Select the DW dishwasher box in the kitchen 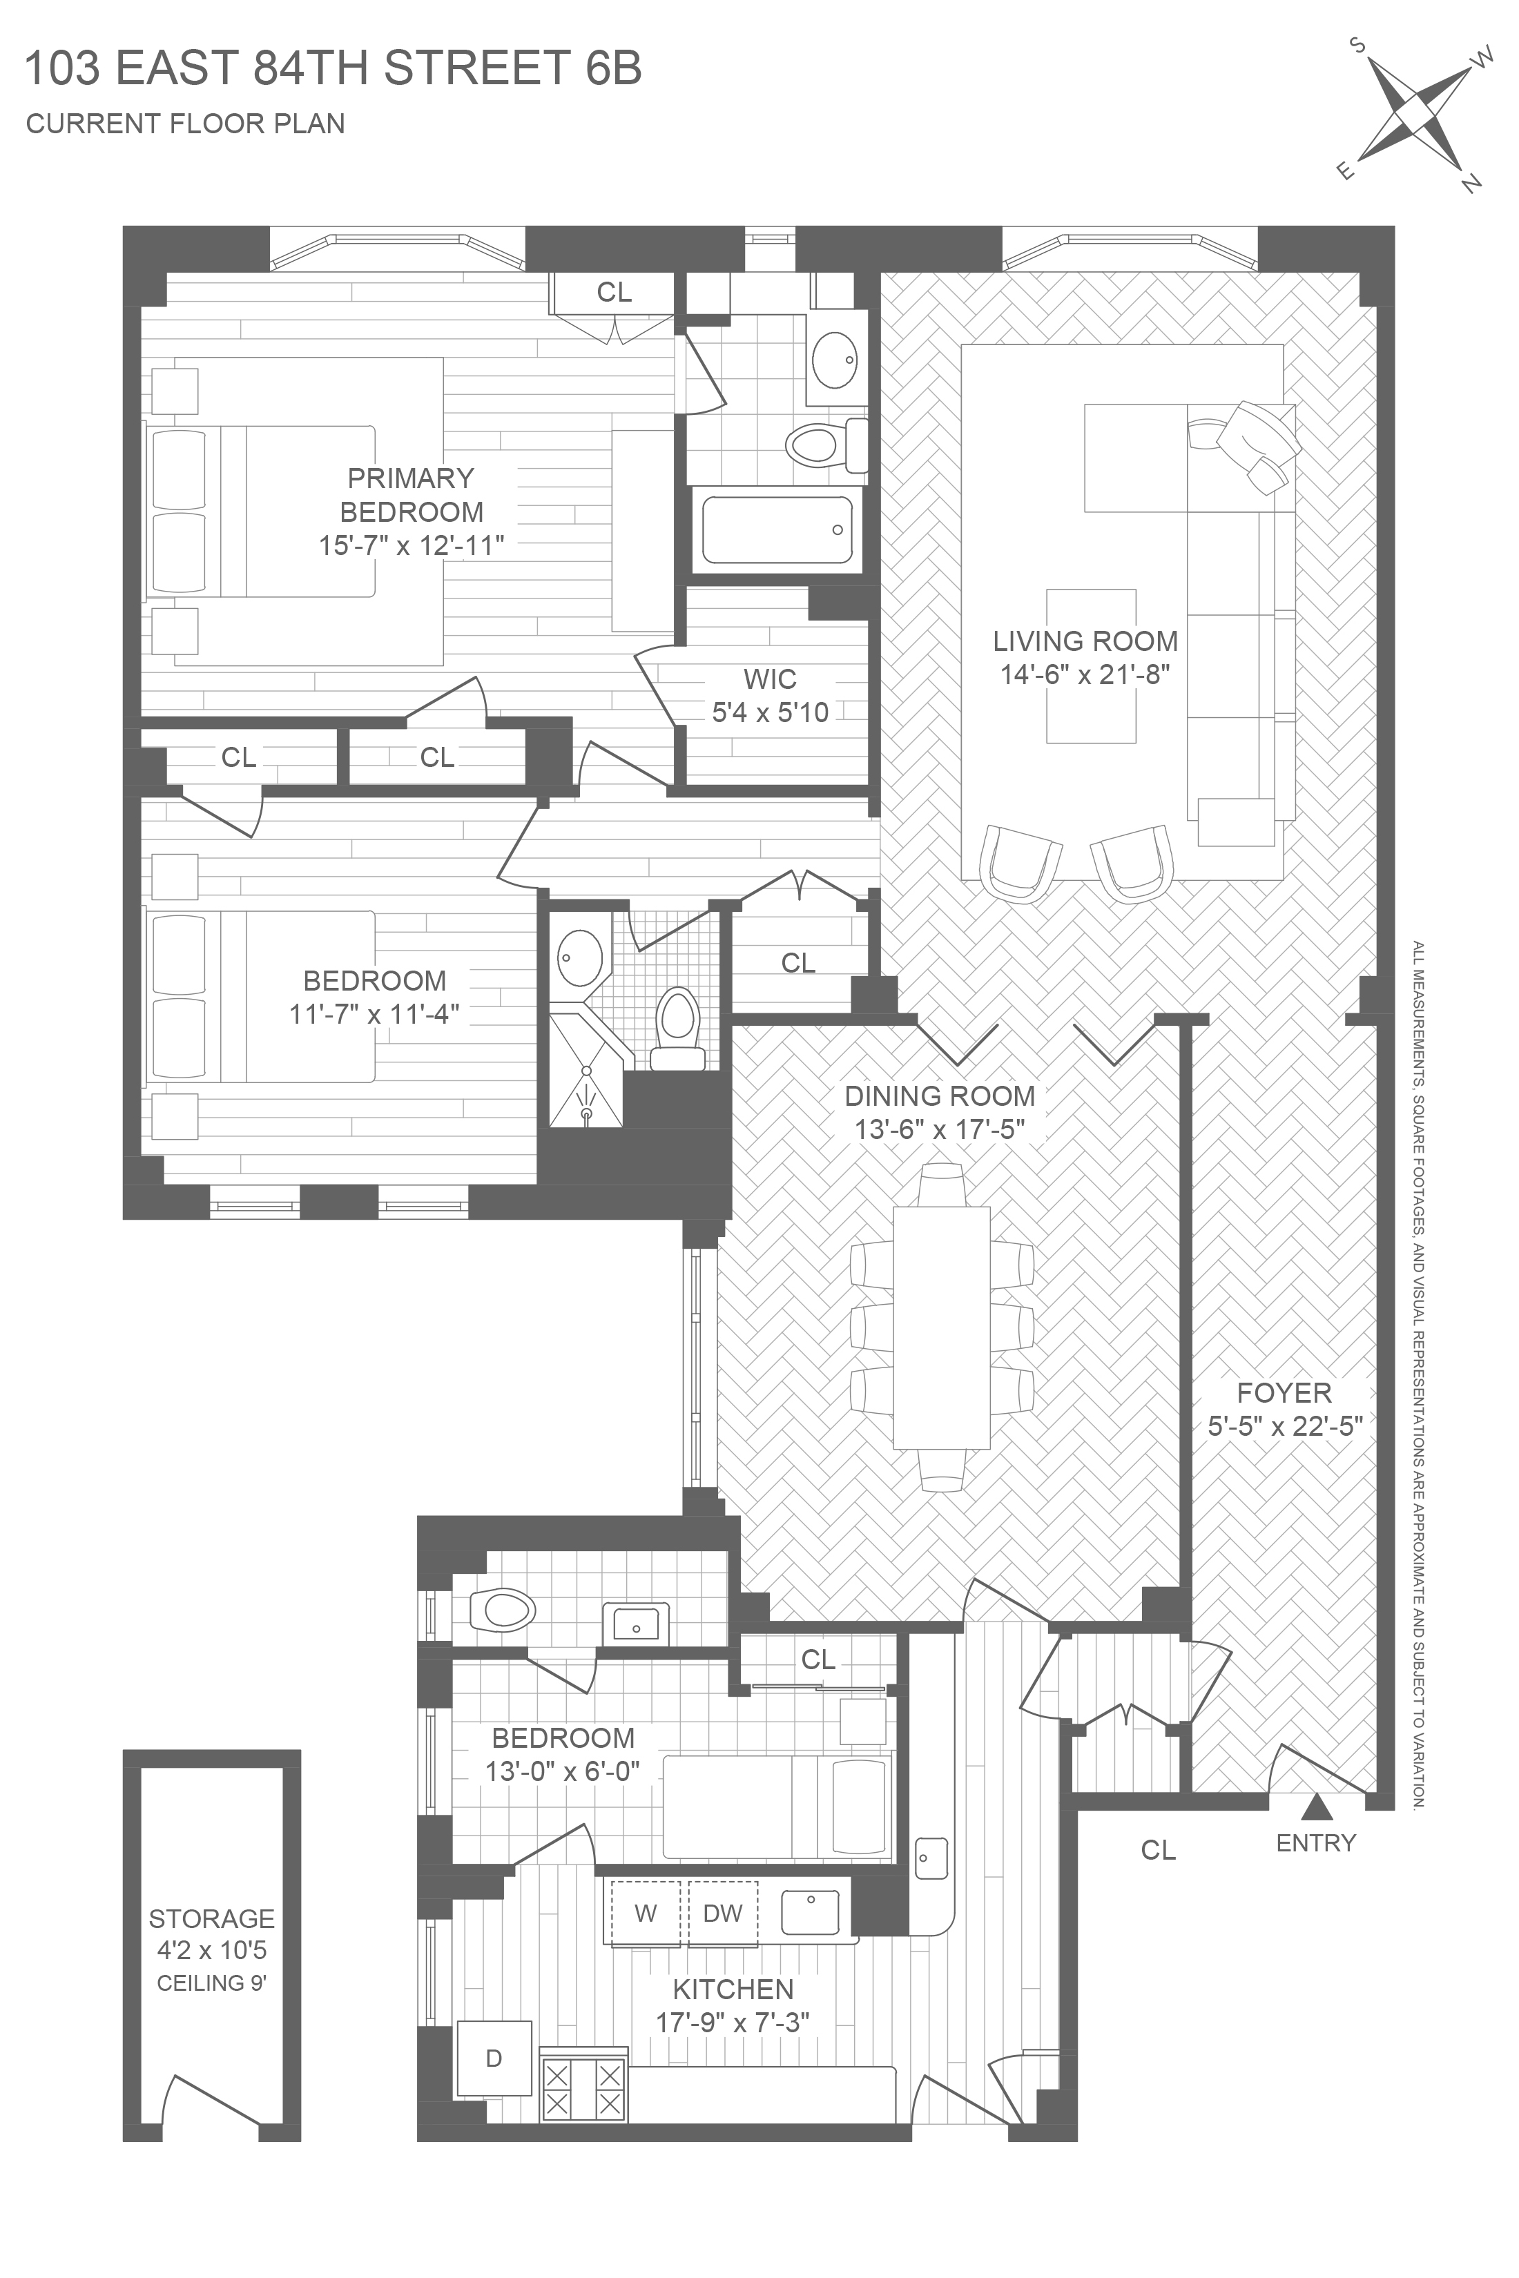(723, 1912)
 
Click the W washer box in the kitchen (645, 1912)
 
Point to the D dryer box (494, 2058)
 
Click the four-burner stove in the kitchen (583, 2089)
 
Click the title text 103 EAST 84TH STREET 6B (332, 70)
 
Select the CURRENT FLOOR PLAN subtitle (185, 124)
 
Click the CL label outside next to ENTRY (1158, 1850)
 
